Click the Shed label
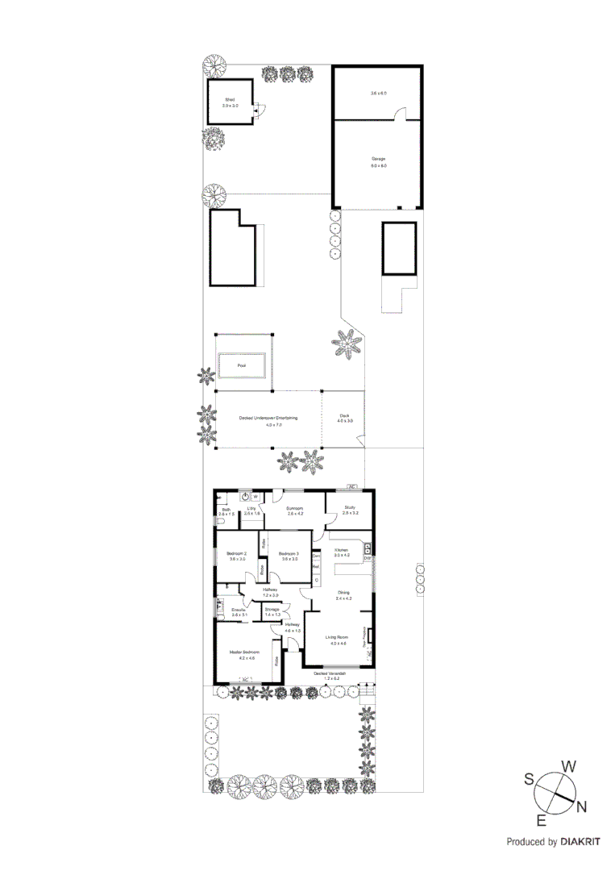pos(228,98)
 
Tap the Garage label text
pos(378,159)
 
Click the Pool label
pos(241,365)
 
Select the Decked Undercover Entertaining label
pos(268,418)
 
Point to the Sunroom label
pos(295,508)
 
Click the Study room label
pos(349,508)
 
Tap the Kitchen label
pos(342,550)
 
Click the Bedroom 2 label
pos(236,553)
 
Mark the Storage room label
pos(272,609)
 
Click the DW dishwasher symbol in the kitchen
pos(367,559)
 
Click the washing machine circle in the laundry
pos(246,497)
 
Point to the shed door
pos(257,112)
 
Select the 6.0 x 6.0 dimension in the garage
pos(378,166)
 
